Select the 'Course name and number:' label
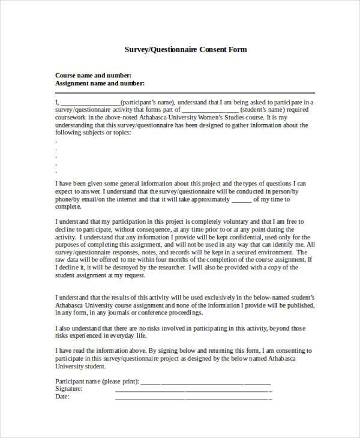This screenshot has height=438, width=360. [93, 76]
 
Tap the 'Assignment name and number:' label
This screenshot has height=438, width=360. [100, 83]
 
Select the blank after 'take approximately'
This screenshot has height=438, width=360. [241, 199]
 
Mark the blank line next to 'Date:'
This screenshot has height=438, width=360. [193, 397]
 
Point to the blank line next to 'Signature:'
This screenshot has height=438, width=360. [193, 389]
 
